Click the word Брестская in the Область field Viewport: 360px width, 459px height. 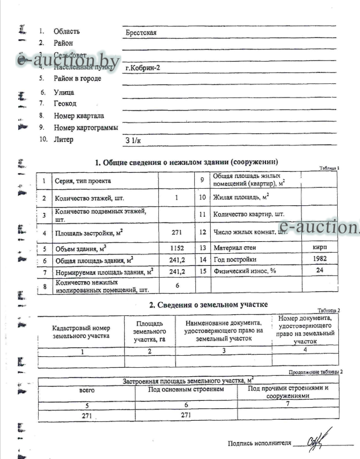pyautogui.click(x=141, y=33)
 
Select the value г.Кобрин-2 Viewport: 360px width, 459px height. pyautogui.click(x=142, y=67)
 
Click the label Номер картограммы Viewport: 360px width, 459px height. pyautogui.click(x=86, y=128)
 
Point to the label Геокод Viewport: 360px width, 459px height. pyautogui.click(x=65, y=104)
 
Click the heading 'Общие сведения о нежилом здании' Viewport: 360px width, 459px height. pyautogui.click(x=190, y=163)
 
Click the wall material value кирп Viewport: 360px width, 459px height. pyautogui.click(x=320, y=249)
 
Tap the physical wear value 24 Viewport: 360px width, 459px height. pyautogui.click(x=320, y=270)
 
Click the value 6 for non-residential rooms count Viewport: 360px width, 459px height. pyautogui.click(x=177, y=285)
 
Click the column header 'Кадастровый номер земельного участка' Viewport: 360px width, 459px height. pyautogui.click(x=81, y=332)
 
